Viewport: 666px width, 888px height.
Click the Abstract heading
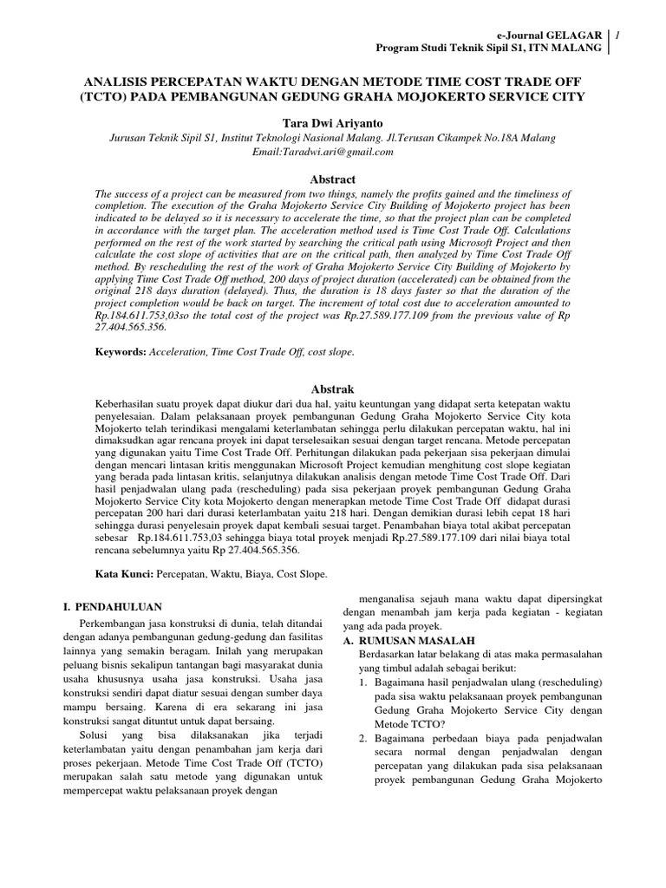[x=333, y=180]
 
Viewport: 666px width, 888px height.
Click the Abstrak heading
[x=333, y=389]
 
